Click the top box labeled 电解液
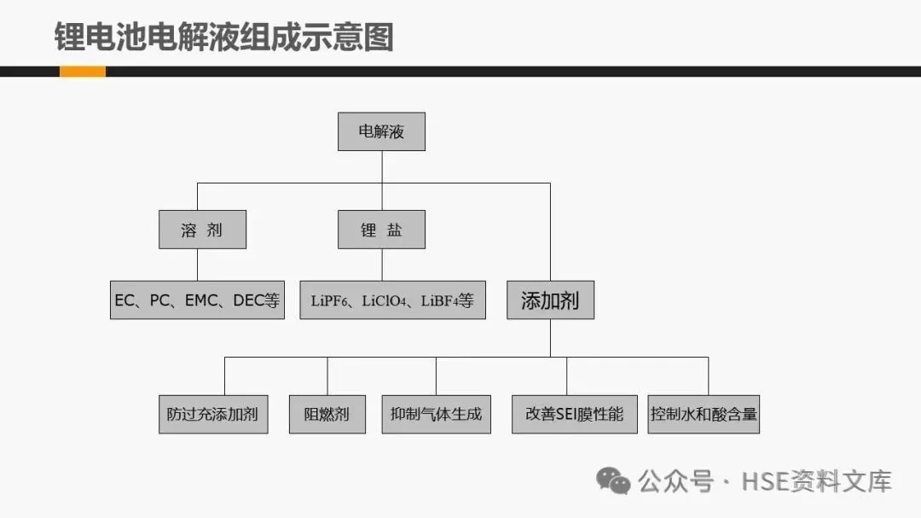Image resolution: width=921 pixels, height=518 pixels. click(381, 131)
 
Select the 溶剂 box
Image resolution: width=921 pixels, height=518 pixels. click(202, 230)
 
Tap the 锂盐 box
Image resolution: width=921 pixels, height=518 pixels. click(381, 230)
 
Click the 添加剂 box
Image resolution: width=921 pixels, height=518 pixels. click(550, 300)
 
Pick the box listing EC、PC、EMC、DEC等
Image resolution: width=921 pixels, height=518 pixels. click(197, 300)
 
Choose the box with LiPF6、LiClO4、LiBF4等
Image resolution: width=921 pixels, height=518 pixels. click(392, 300)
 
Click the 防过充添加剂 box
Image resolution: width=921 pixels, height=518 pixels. click(213, 414)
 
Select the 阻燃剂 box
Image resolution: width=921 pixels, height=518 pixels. click(327, 414)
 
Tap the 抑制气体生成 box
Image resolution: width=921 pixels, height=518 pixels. click(436, 414)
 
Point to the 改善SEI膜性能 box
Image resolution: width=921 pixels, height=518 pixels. click(575, 414)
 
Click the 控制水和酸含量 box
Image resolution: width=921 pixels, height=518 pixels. click(703, 414)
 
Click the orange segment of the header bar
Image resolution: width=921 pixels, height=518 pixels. click(82, 72)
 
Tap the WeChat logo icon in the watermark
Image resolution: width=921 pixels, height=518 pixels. click(613, 481)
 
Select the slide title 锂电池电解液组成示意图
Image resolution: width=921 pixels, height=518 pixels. click(223, 37)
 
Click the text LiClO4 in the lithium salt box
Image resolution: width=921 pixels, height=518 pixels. click(384, 301)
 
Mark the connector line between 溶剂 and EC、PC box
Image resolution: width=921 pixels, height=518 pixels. click(197, 265)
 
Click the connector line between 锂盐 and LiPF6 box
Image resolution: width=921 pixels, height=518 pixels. click(382, 265)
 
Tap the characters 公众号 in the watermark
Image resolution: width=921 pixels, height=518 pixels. click(675, 481)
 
